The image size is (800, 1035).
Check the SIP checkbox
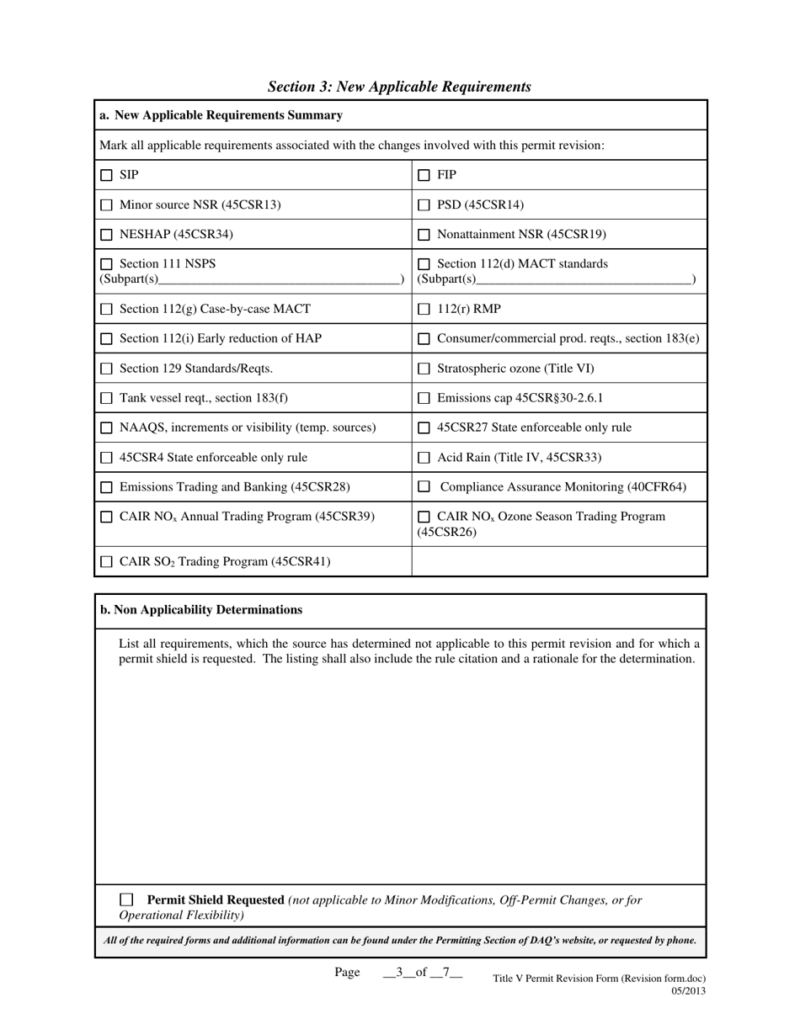click(106, 175)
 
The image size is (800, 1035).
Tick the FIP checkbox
click(424, 175)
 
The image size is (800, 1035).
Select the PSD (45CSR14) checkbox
click(424, 205)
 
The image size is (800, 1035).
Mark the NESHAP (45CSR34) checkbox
click(106, 235)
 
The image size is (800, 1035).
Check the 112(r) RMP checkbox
click(424, 310)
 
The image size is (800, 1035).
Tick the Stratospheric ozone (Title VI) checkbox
click(424, 369)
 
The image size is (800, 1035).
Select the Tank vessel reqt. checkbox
click(106, 398)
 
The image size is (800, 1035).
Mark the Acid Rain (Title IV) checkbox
click(424, 458)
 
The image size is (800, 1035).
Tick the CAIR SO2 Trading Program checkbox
click(106, 562)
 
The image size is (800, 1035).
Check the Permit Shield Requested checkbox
click(126, 900)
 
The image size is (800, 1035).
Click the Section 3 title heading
click(399, 87)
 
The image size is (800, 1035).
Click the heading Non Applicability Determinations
click(201, 610)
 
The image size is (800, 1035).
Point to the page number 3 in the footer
click(399, 972)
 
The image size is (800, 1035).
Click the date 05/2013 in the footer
click(688, 990)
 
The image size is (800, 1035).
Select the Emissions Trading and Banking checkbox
click(106, 487)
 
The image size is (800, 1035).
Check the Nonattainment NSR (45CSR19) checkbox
click(424, 235)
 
